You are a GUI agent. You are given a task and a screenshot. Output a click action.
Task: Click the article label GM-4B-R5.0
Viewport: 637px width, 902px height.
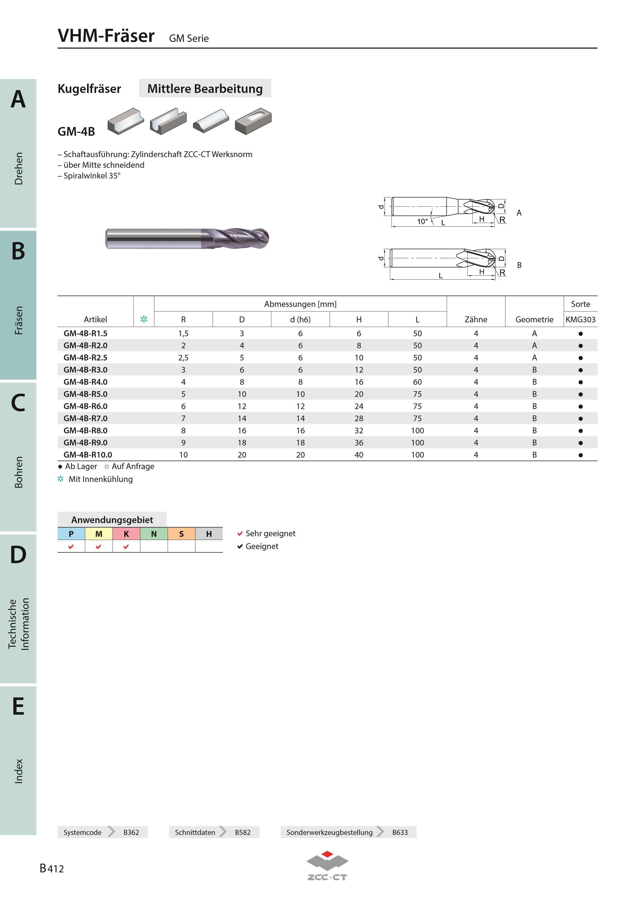[85, 394]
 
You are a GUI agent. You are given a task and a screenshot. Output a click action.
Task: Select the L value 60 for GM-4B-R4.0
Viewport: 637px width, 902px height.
[417, 382]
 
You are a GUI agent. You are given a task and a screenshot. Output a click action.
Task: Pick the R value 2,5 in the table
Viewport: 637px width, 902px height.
[183, 358]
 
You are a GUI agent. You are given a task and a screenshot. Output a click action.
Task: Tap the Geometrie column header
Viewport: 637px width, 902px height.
[534, 319]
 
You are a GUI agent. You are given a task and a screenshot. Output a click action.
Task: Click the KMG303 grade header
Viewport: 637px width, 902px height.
[580, 319]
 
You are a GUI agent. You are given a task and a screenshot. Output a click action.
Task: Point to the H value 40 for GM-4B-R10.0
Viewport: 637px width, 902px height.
[359, 455]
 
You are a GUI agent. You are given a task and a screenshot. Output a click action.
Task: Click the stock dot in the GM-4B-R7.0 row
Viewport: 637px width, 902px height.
[580, 419]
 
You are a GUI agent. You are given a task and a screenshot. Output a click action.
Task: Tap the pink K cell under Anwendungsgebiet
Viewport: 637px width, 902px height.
[126, 534]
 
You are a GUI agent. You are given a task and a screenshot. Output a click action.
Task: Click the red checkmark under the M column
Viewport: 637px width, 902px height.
[98, 547]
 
